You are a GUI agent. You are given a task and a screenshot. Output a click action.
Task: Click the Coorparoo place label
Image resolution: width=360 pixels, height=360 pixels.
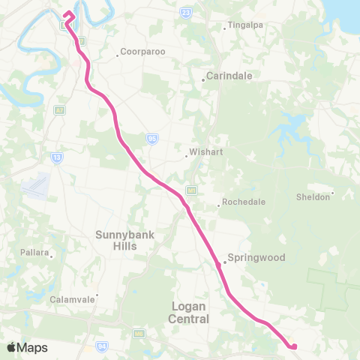tap(137, 53)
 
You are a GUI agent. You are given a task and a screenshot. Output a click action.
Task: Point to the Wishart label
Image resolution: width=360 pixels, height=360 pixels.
tap(204, 151)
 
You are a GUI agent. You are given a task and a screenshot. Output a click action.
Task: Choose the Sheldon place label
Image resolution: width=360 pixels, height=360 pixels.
tap(313, 196)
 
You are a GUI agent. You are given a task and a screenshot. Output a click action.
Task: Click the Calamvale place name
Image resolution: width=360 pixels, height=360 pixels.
tap(74, 298)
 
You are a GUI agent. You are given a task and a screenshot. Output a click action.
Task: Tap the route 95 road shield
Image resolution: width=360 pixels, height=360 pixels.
tap(152, 138)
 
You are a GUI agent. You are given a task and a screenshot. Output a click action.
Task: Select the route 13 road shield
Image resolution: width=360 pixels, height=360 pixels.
tap(56, 157)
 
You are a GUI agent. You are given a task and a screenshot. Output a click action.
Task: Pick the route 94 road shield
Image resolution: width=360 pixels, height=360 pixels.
tap(100, 346)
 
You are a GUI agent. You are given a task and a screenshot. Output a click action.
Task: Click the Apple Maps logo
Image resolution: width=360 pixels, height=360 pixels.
tap(27, 347)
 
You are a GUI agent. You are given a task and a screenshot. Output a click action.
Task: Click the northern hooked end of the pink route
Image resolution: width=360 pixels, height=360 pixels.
tap(69, 13)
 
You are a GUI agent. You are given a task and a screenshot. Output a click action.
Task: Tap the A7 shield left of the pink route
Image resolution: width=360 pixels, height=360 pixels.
tap(60, 109)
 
